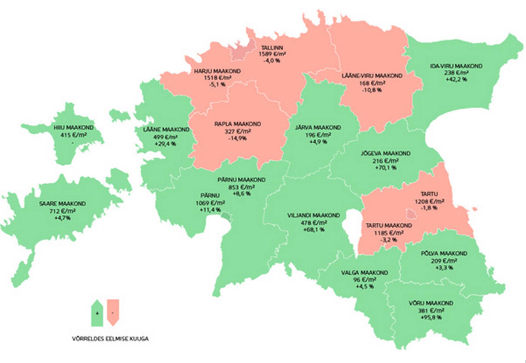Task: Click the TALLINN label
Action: click(271, 48)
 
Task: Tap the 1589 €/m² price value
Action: click(272, 54)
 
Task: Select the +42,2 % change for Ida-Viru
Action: click(456, 79)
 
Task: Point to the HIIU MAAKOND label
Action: click(73, 127)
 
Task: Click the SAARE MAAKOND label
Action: click(62, 204)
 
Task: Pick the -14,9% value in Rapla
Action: click(237, 138)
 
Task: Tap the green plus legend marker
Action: click(97, 313)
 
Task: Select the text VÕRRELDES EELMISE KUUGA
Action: click(110, 339)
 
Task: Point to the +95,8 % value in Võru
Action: click(431, 317)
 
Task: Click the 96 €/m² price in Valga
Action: click(365, 280)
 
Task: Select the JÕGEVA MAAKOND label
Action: click(385, 153)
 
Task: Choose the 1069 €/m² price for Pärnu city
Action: click(210, 203)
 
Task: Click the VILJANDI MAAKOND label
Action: click(313, 216)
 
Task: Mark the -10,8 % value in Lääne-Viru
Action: click(372, 90)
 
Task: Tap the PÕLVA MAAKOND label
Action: click(444, 254)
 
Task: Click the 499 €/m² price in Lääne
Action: click(165, 137)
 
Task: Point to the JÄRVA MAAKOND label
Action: click(318, 128)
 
